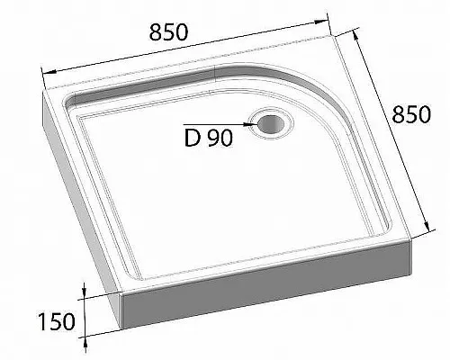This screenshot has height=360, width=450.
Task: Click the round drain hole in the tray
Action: (267, 121)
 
